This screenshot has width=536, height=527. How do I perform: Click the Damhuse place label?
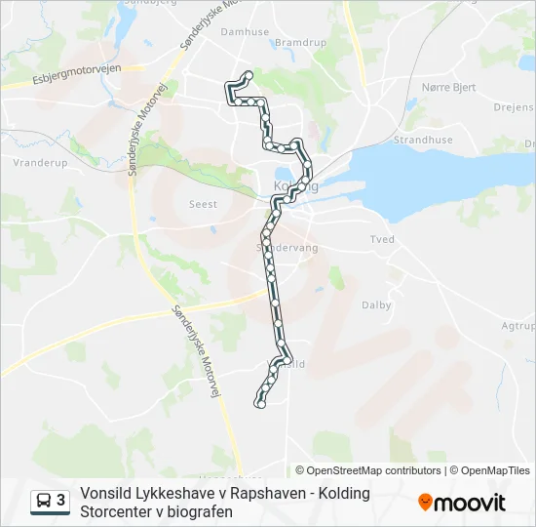click(x=245, y=31)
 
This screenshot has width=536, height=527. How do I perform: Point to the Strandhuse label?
click(x=422, y=140)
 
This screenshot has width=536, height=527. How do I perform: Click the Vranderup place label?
click(x=41, y=163)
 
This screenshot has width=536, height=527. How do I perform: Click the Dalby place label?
click(x=376, y=305)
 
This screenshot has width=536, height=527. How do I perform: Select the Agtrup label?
click(x=517, y=327)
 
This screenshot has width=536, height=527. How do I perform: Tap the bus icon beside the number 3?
click(x=43, y=502)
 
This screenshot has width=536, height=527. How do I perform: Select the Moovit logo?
click(x=462, y=503)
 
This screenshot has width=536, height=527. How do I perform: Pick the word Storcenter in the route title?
click(x=121, y=510)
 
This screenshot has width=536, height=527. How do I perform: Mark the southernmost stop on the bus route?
click(x=259, y=404)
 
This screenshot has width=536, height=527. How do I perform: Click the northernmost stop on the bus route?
click(x=249, y=75)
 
